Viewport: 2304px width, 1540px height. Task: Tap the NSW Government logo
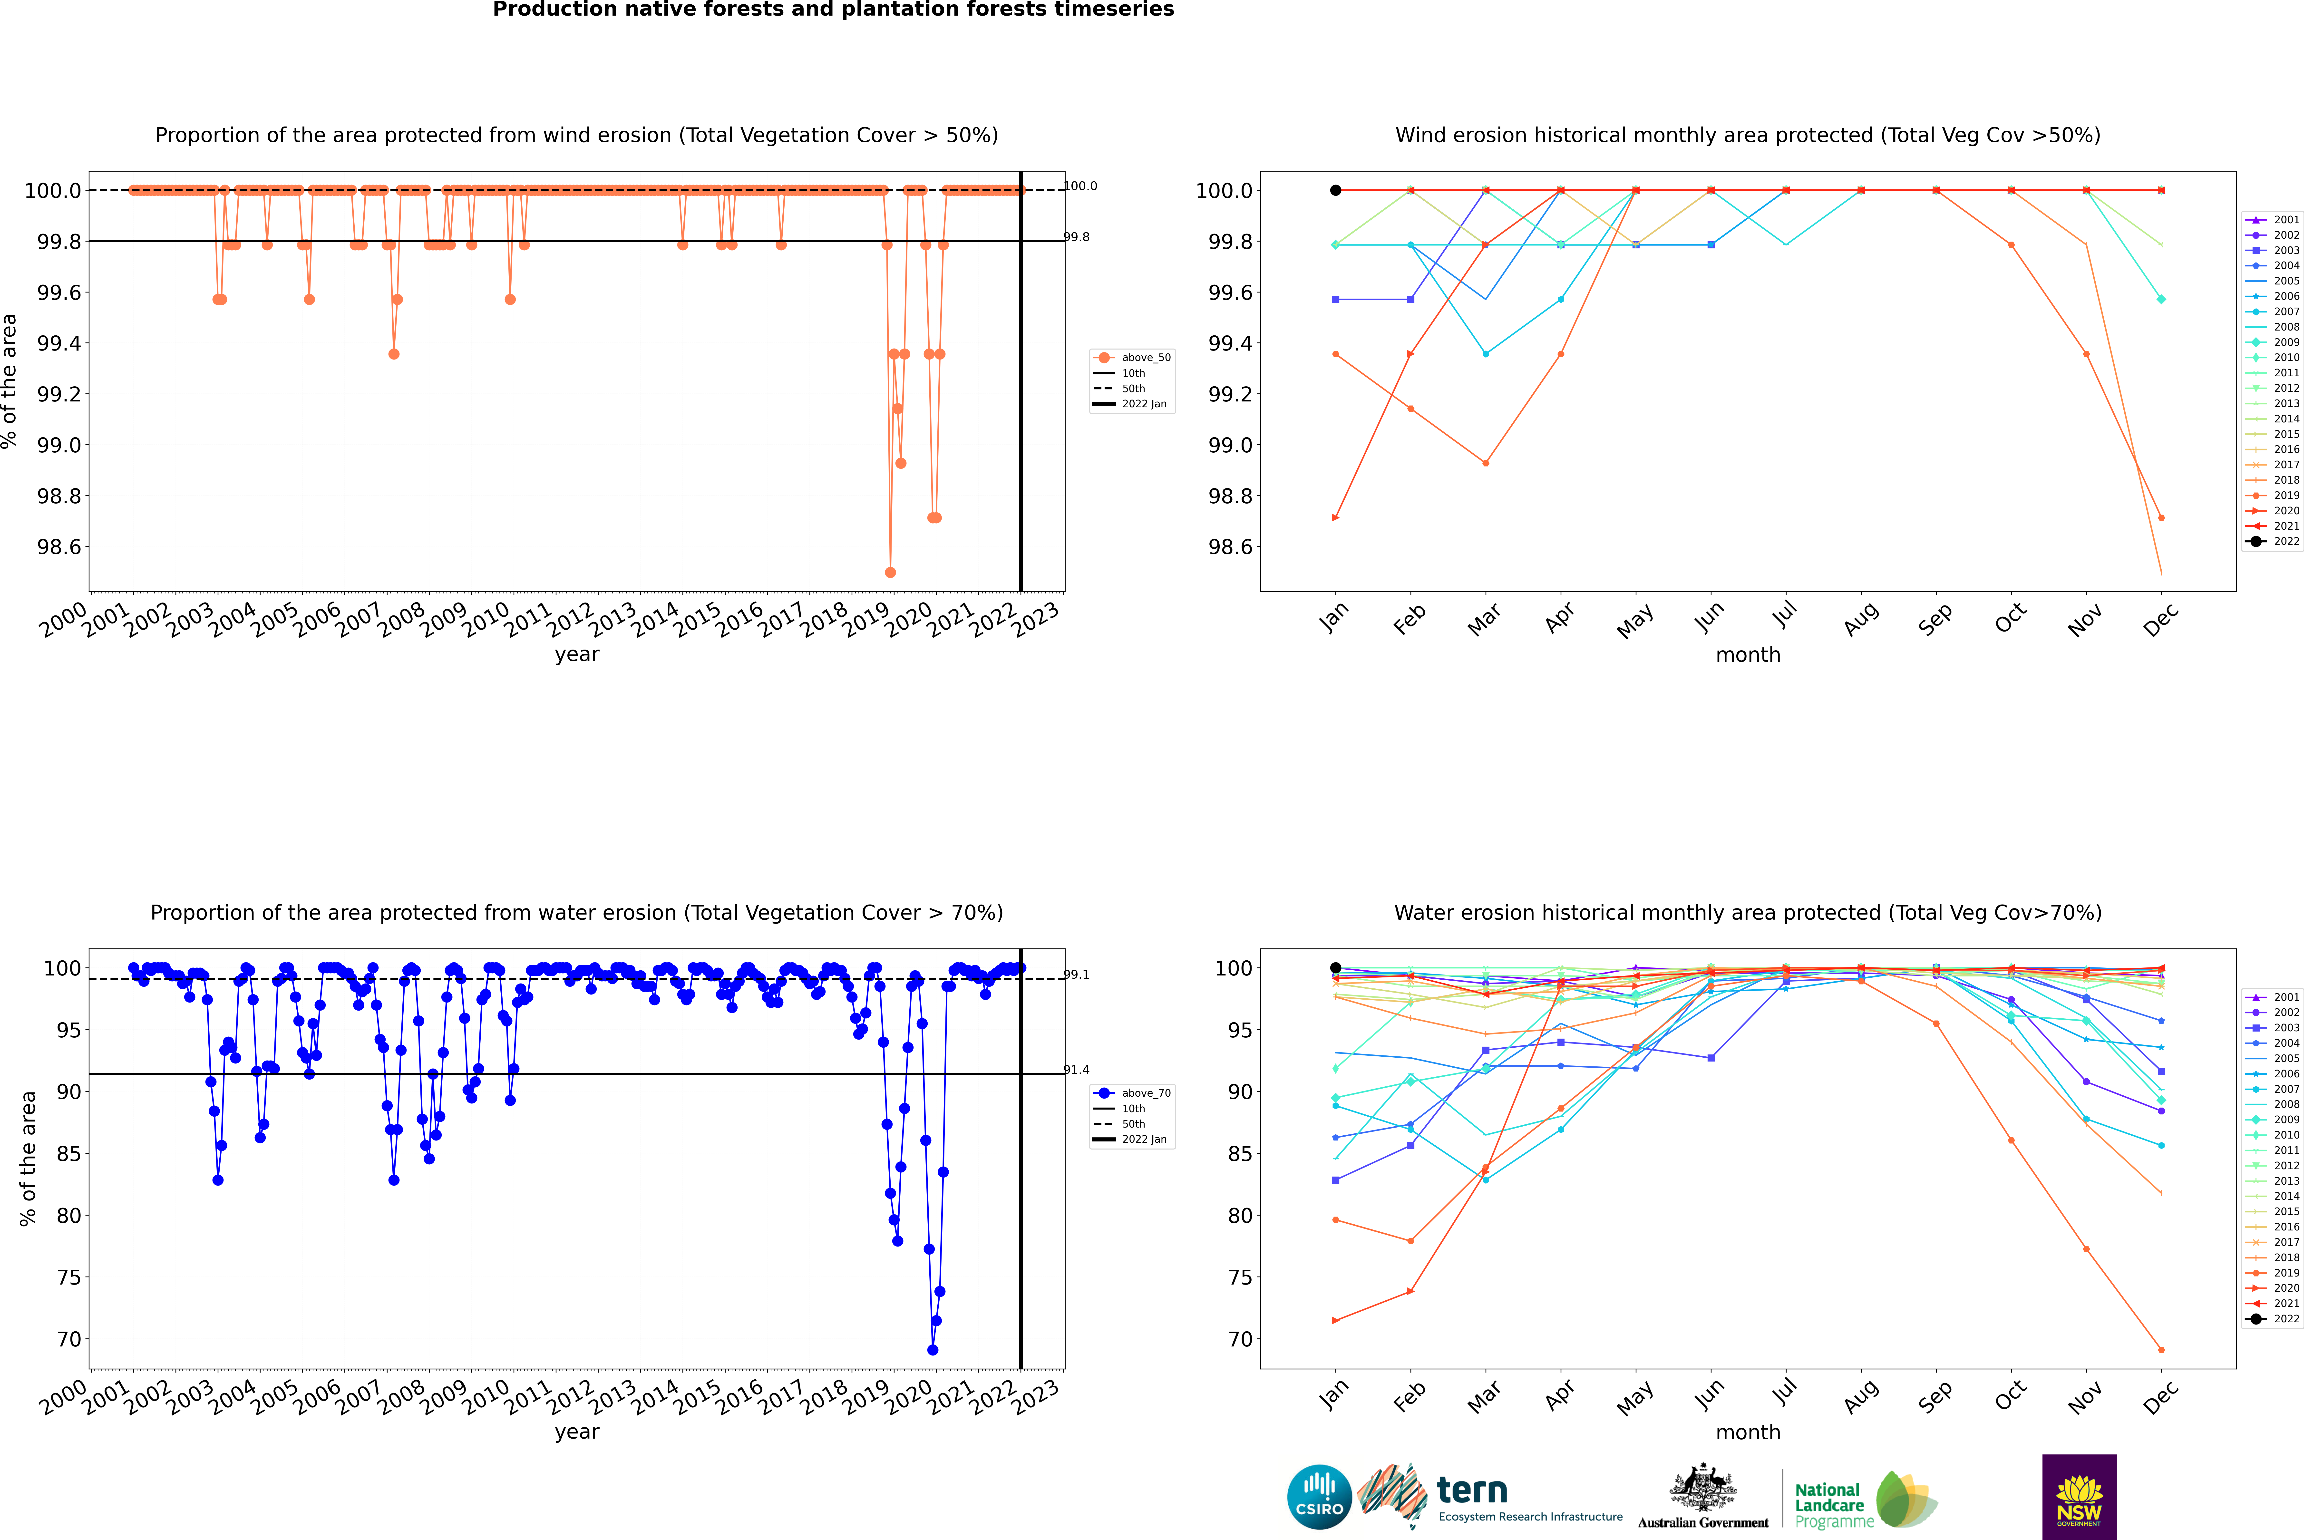click(2079, 1497)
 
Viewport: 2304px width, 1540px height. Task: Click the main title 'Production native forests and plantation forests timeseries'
click(833, 10)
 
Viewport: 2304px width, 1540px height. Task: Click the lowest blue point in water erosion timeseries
click(932, 1349)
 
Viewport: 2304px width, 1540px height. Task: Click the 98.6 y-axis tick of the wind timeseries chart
click(59, 547)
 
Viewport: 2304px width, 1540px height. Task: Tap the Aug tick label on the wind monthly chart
click(1860, 619)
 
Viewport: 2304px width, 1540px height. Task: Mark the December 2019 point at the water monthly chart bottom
click(2161, 1349)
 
